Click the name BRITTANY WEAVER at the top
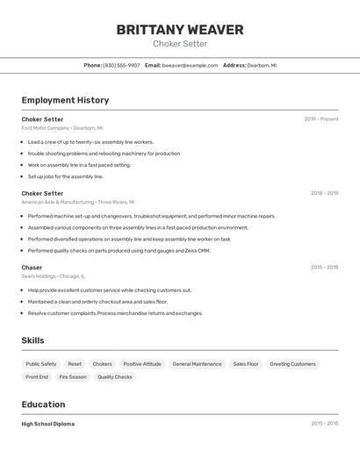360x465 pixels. (x=180, y=30)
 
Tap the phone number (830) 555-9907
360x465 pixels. (x=121, y=65)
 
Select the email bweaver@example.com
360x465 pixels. (x=190, y=65)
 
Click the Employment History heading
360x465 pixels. (x=65, y=101)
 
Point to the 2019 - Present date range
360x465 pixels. (x=321, y=119)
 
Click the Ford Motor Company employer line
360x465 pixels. (x=61, y=128)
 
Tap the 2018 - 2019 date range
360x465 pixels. (x=324, y=193)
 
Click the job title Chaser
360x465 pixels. (x=32, y=268)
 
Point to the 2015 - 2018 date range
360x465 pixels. (x=324, y=268)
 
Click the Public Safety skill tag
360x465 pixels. (x=41, y=364)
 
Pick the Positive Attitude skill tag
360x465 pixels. (x=142, y=364)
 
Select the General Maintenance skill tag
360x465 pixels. (x=197, y=364)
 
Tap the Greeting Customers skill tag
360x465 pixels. (x=292, y=364)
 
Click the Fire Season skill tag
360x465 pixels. (x=73, y=377)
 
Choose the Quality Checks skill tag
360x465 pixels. (x=115, y=377)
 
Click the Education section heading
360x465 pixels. (x=43, y=404)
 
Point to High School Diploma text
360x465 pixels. (x=48, y=424)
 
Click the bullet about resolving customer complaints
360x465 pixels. (x=115, y=313)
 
